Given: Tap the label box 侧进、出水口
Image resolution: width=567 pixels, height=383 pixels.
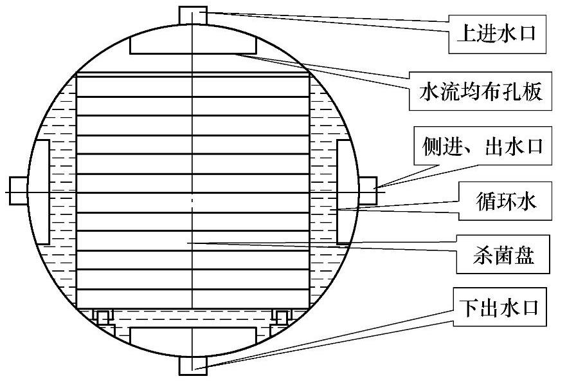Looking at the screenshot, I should coord(482,146).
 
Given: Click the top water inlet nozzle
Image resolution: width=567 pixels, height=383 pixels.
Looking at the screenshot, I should coord(192,14).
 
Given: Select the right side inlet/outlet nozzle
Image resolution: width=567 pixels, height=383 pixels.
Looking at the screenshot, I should coord(366,191).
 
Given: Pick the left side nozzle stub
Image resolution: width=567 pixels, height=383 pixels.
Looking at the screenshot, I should coord(18,191).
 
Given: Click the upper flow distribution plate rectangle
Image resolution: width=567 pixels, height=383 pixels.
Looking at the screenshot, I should coord(193,45).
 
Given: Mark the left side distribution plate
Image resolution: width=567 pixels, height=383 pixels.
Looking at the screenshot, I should coord(40,191).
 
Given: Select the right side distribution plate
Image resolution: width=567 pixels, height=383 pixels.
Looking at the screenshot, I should coord(345,191).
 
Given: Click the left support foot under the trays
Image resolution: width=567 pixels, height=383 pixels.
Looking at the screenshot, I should coord(103,315).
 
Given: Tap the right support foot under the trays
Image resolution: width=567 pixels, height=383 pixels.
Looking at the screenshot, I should coord(281,315).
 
